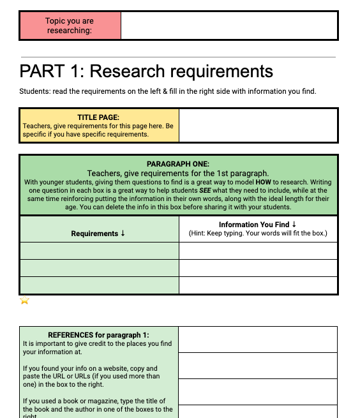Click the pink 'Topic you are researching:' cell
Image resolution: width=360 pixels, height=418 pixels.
click(70, 26)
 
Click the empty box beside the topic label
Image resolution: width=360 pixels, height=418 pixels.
click(229, 26)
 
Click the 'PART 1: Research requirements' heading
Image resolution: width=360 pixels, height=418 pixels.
click(146, 71)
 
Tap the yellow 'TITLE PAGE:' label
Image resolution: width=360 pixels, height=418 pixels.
click(98, 117)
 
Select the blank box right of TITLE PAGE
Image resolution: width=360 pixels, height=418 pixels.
click(258, 125)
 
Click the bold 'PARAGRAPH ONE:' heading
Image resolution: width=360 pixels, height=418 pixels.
click(178, 164)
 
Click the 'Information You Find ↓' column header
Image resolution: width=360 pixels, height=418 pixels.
click(257, 225)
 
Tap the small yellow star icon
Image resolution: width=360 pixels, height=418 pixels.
click(24, 301)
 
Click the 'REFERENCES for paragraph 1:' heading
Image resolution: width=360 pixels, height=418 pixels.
click(98, 335)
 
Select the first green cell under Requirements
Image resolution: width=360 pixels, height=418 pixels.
click(99, 251)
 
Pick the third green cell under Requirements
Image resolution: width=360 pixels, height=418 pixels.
click(99, 285)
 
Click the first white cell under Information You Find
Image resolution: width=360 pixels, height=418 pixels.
click(258, 251)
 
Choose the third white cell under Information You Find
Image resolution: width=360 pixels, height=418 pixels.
click(258, 285)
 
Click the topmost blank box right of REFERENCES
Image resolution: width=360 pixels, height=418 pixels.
click(258, 340)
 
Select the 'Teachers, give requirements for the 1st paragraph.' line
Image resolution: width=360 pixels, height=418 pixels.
click(178, 173)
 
